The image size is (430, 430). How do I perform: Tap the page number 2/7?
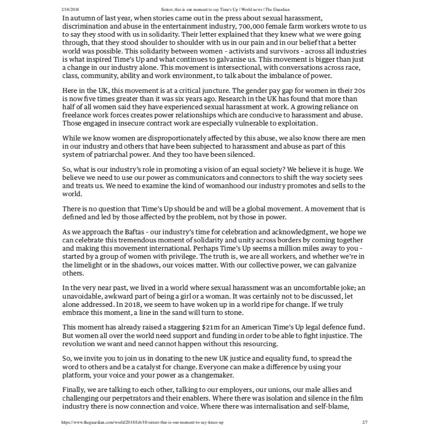pos(364,422)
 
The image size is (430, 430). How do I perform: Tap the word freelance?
pos(77,115)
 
